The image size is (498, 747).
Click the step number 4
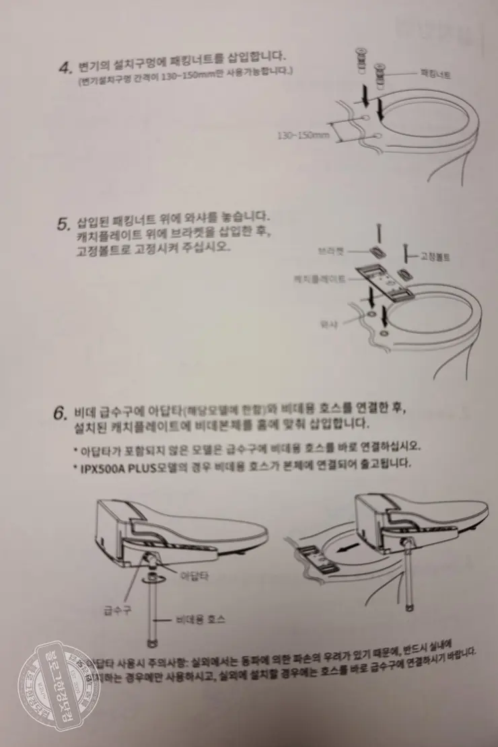(64, 67)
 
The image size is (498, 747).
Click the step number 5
(63, 223)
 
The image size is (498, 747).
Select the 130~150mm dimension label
(303, 135)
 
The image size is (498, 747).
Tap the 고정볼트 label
(435, 257)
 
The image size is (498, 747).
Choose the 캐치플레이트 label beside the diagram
(320, 278)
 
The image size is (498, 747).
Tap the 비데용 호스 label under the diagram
(201, 618)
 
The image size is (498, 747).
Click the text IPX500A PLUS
(114, 464)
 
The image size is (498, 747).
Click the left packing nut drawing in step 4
(361, 65)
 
